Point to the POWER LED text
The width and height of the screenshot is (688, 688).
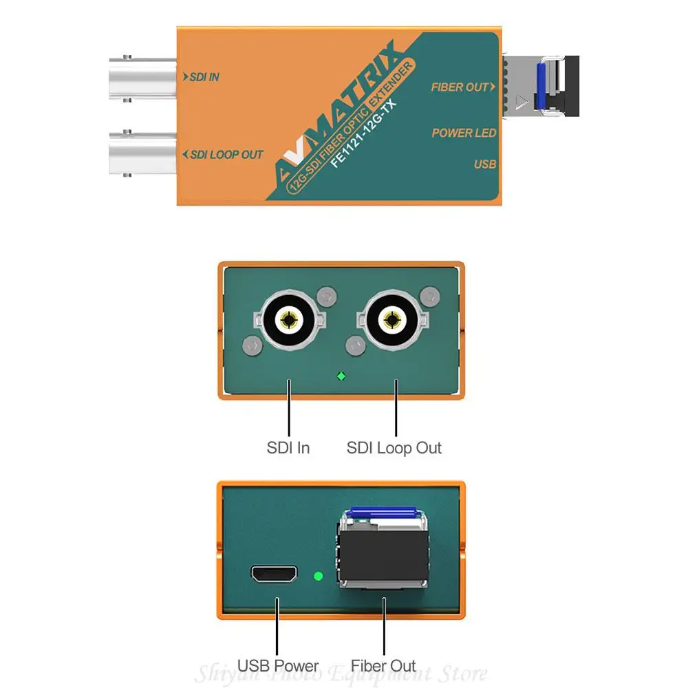464,133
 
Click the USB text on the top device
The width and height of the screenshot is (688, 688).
484,164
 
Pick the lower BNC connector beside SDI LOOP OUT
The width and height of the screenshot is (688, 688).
142,153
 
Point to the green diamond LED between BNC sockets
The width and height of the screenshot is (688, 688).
341,376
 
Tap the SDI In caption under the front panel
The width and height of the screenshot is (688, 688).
288,448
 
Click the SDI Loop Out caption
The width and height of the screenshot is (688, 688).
394,448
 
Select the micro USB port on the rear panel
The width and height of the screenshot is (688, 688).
275,574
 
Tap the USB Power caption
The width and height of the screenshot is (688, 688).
278,666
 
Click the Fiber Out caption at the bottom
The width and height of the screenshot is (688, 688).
383,666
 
